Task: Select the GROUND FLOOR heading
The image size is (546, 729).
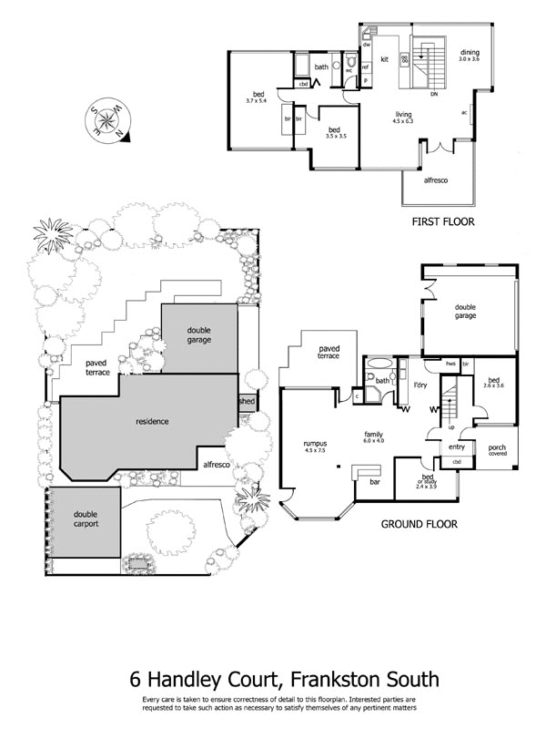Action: (x=420, y=524)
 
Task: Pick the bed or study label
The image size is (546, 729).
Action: (x=426, y=482)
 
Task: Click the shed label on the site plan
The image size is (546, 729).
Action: (x=247, y=401)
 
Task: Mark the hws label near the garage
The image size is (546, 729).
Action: (x=450, y=364)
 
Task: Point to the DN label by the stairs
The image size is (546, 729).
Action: (x=434, y=92)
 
